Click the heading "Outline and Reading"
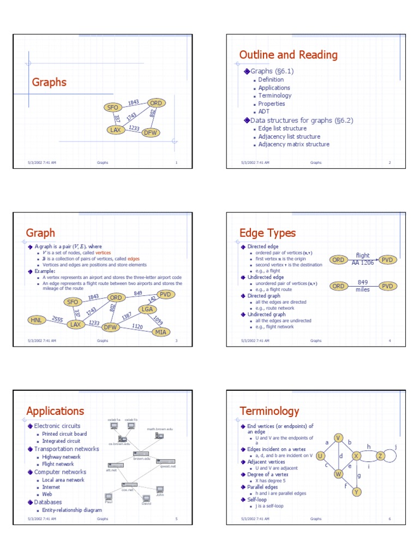(288, 55)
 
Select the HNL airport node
(37, 320)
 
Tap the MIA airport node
(160, 331)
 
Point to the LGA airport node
(147, 310)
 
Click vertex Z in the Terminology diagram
(381, 456)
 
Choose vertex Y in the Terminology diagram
(356, 492)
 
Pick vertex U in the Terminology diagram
(320, 456)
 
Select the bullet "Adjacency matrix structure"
(294, 145)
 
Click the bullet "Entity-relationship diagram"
(72, 510)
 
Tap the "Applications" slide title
(55, 411)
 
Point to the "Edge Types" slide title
(267, 233)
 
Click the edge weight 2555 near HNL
(58, 319)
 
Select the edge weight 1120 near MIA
(137, 326)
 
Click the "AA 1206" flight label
(363, 263)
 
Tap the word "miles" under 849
(363, 290)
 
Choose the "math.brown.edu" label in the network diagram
(159, 429)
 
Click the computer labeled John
(160, 490)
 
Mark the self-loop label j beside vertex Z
(395, 447)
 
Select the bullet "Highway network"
(61, 456)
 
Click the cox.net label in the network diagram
(128, 490)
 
